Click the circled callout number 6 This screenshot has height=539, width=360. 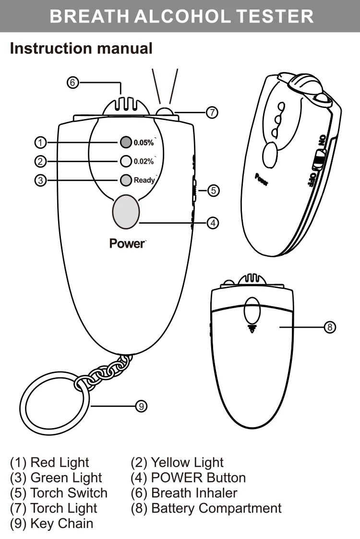pos(72,83)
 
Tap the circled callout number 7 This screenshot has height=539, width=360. pos(212,113)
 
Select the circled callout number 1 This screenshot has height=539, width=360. pos(40,142)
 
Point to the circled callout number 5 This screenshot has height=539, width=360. pos(214,191)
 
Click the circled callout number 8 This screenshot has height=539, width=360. pos(329,327)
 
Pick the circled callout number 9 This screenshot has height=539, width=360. pos(141,407)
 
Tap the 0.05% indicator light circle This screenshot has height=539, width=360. pos(125,142)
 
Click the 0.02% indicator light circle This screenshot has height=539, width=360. pos(125,161)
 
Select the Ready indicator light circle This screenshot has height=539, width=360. pos(125,180)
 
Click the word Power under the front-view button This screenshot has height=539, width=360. pos(127,243)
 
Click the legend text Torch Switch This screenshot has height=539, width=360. pos(69,493)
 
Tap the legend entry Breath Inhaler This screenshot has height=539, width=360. pos(194,493)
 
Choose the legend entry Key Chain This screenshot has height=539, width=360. pos(61,523)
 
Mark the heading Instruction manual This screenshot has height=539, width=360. pos(81,48)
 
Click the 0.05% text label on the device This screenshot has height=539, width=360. pos(144,143)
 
